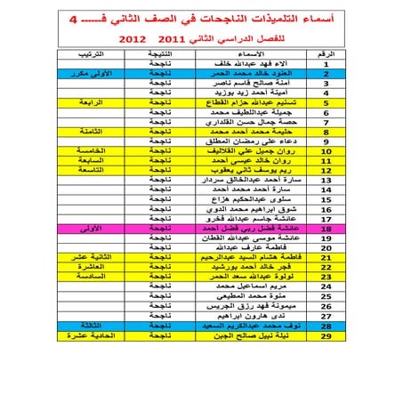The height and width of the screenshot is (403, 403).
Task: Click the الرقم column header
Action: pyautogui.click(x=326, y=55)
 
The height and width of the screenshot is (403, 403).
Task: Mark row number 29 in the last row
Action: pyautogui.click(x=326, y=361)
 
